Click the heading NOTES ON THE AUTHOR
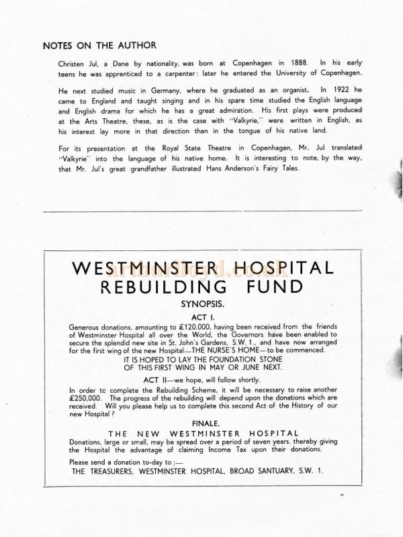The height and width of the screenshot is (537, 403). coord(99,46)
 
